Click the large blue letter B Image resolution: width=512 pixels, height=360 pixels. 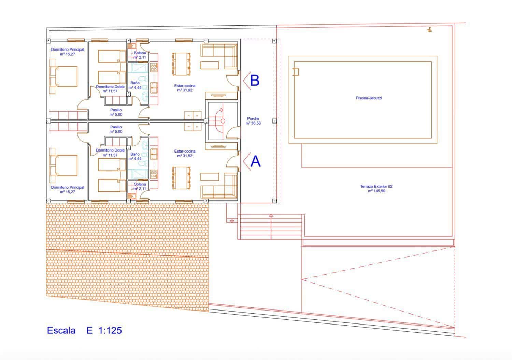[x=255, y=81]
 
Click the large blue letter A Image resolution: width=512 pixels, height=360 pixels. [x=255, y=161]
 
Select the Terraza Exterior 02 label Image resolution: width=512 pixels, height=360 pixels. [x=376, y=186]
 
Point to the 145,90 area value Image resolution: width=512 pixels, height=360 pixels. [x=376, y=191]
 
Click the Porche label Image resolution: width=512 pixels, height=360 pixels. [x=253, y=119]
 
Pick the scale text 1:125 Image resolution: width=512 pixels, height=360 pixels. [x=110, y=330]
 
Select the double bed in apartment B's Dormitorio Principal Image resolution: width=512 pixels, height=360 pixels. [x=63, y=76]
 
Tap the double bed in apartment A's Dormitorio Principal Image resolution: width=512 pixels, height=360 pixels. [x=63, y=165]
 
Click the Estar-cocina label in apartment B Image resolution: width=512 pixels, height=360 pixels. [x=185, y=86]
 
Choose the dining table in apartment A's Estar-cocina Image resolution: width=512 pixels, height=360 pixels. [x=181, y=177]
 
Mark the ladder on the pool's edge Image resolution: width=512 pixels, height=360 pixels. [x=296, y=72]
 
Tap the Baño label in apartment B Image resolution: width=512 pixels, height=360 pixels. [x=135, y=83]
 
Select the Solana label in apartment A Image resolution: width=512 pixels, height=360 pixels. [x=140, y=184]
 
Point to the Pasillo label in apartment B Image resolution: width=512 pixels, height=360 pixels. [x=116, y=110]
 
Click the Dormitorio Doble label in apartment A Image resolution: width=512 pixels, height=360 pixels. [x=110, y=150]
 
